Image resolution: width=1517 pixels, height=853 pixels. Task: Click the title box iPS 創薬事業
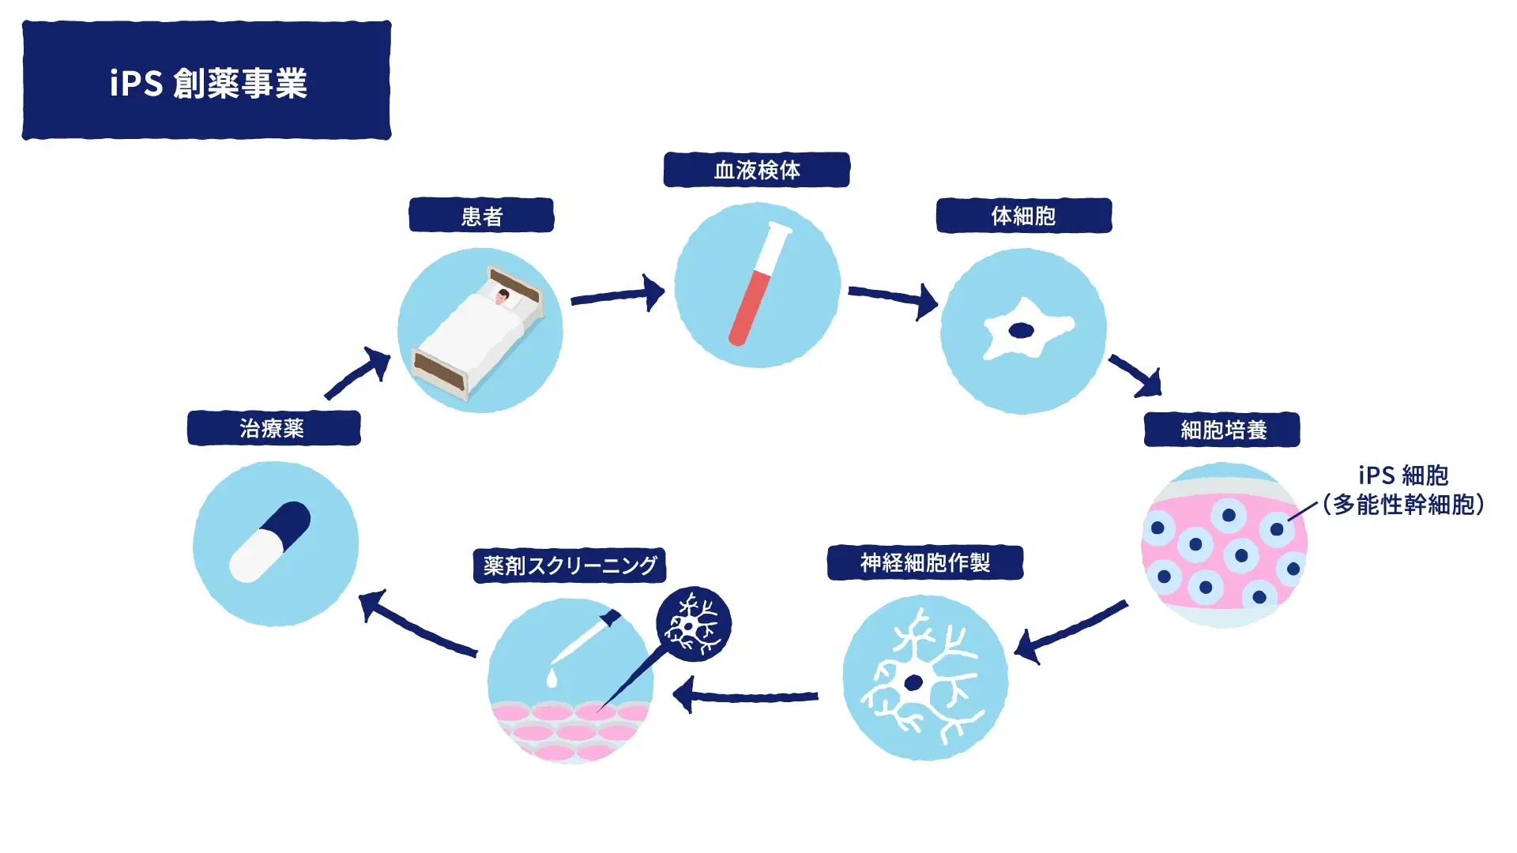pos(206,81)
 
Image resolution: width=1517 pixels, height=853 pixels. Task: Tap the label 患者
pos(481,216)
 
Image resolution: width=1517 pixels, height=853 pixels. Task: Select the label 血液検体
pos(756,170)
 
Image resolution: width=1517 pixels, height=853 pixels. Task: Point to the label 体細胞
pos(1024,216)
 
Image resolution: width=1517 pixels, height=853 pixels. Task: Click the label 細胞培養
pos(1222,430)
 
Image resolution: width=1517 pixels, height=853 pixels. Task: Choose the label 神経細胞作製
pos(925,562)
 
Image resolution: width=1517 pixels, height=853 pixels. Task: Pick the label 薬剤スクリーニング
pos(570,566)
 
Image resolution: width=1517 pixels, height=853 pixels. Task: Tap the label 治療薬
pos(273,428)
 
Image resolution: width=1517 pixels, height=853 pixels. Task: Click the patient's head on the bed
pos(503,297)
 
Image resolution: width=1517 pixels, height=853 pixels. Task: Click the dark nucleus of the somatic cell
pos(1022,330)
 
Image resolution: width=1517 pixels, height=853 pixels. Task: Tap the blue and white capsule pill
pos(269,542)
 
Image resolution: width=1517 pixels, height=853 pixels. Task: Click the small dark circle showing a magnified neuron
pos(694,624)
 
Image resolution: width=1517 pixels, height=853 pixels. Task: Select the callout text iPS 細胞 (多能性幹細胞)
pos(1404,490)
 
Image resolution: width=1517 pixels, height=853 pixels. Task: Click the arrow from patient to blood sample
pos(618,295)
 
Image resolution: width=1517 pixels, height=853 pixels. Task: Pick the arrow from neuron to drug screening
pos(745,696)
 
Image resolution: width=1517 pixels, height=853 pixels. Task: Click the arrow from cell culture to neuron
pos(1071,632)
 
